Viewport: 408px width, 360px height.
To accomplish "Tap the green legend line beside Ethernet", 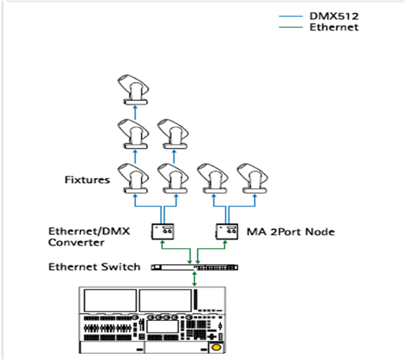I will (x=292, y=27).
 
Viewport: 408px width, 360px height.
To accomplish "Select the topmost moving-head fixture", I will (x=134, y=90).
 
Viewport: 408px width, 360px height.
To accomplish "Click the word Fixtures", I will (x=86, y=180).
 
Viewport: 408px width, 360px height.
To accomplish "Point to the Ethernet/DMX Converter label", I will (x=90, y=237).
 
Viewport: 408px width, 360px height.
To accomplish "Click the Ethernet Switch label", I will (x=95, y=266).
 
